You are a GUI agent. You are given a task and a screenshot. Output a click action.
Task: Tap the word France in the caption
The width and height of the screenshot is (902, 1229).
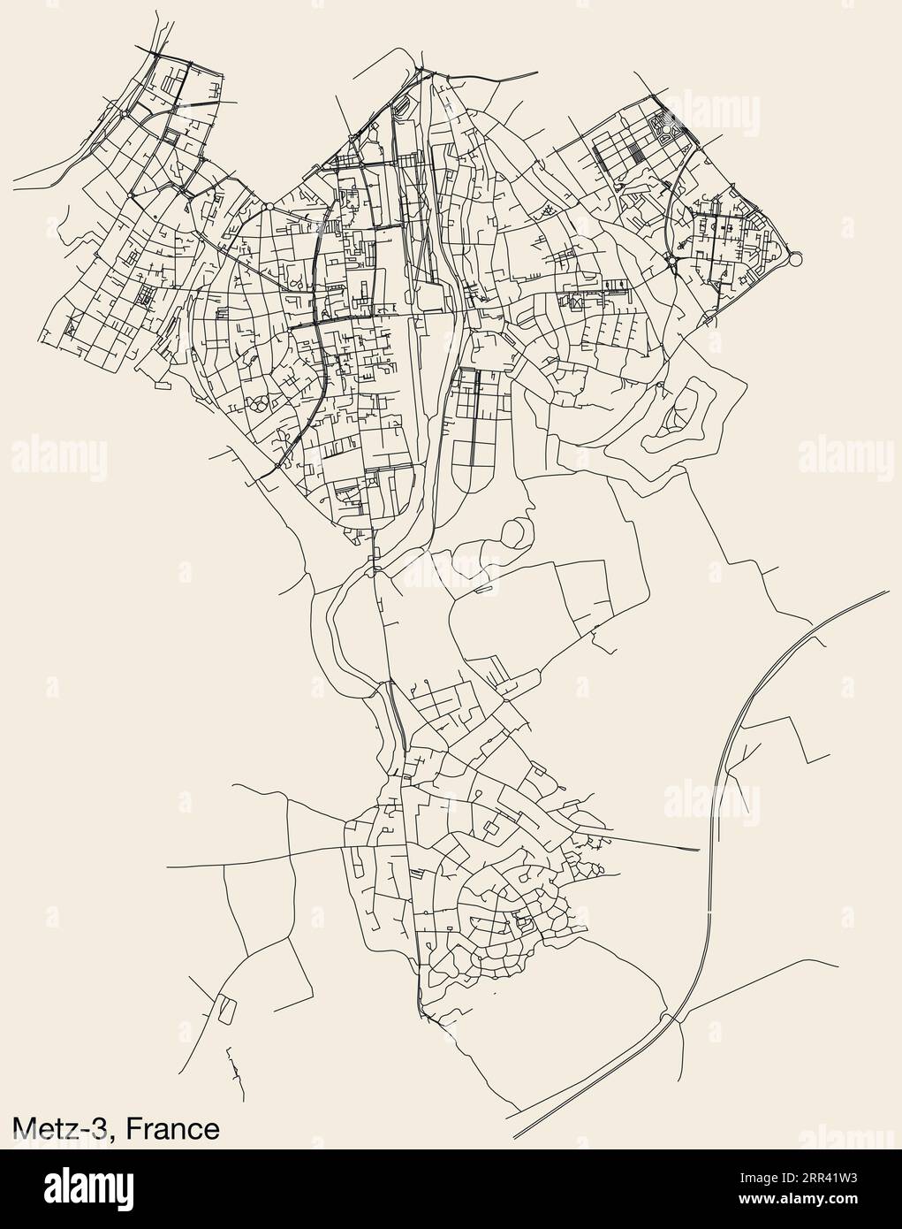(x=173, y=1129)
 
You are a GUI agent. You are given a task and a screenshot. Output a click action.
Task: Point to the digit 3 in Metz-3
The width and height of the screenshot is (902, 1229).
(x=108, y=1129)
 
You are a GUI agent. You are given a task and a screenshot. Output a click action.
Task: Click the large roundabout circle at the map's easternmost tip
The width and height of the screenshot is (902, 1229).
(x=794, y=258)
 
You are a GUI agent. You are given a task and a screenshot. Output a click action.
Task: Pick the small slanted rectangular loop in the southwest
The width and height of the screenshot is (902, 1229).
(x=226, y=1007)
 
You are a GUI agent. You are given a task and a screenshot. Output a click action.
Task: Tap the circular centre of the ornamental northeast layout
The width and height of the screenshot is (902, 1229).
(x=662, y=131)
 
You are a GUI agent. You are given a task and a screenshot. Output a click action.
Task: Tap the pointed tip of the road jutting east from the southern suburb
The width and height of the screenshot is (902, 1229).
(x=699, y=850)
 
